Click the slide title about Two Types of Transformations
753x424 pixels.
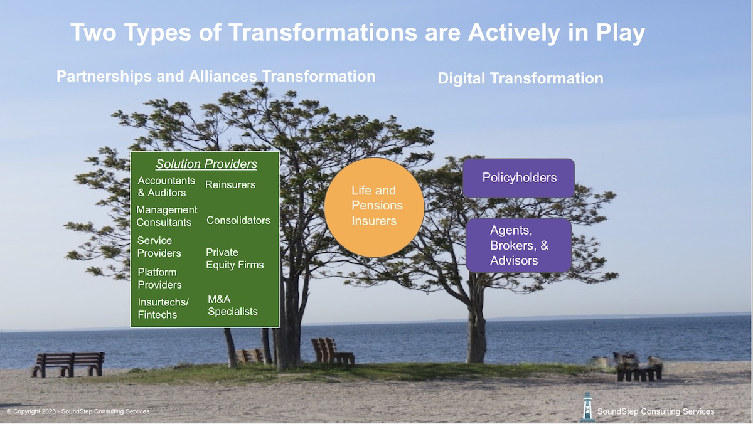357,33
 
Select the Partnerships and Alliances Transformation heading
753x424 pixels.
216,77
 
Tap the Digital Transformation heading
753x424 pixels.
520,78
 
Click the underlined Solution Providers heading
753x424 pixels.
206,164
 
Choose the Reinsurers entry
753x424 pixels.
230,185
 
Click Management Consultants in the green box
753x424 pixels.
166,216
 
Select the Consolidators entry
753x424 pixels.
238,220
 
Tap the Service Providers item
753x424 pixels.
159,246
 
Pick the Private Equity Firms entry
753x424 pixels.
235,258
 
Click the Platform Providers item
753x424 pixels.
159,278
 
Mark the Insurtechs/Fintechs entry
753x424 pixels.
163,309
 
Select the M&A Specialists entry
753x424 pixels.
233,305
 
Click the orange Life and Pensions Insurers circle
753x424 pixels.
375,207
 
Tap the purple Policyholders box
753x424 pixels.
519,178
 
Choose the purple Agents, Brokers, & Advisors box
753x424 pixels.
518,245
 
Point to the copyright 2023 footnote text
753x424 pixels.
78,411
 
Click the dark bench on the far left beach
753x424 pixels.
68,363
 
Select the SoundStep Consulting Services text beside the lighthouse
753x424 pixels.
656,411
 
